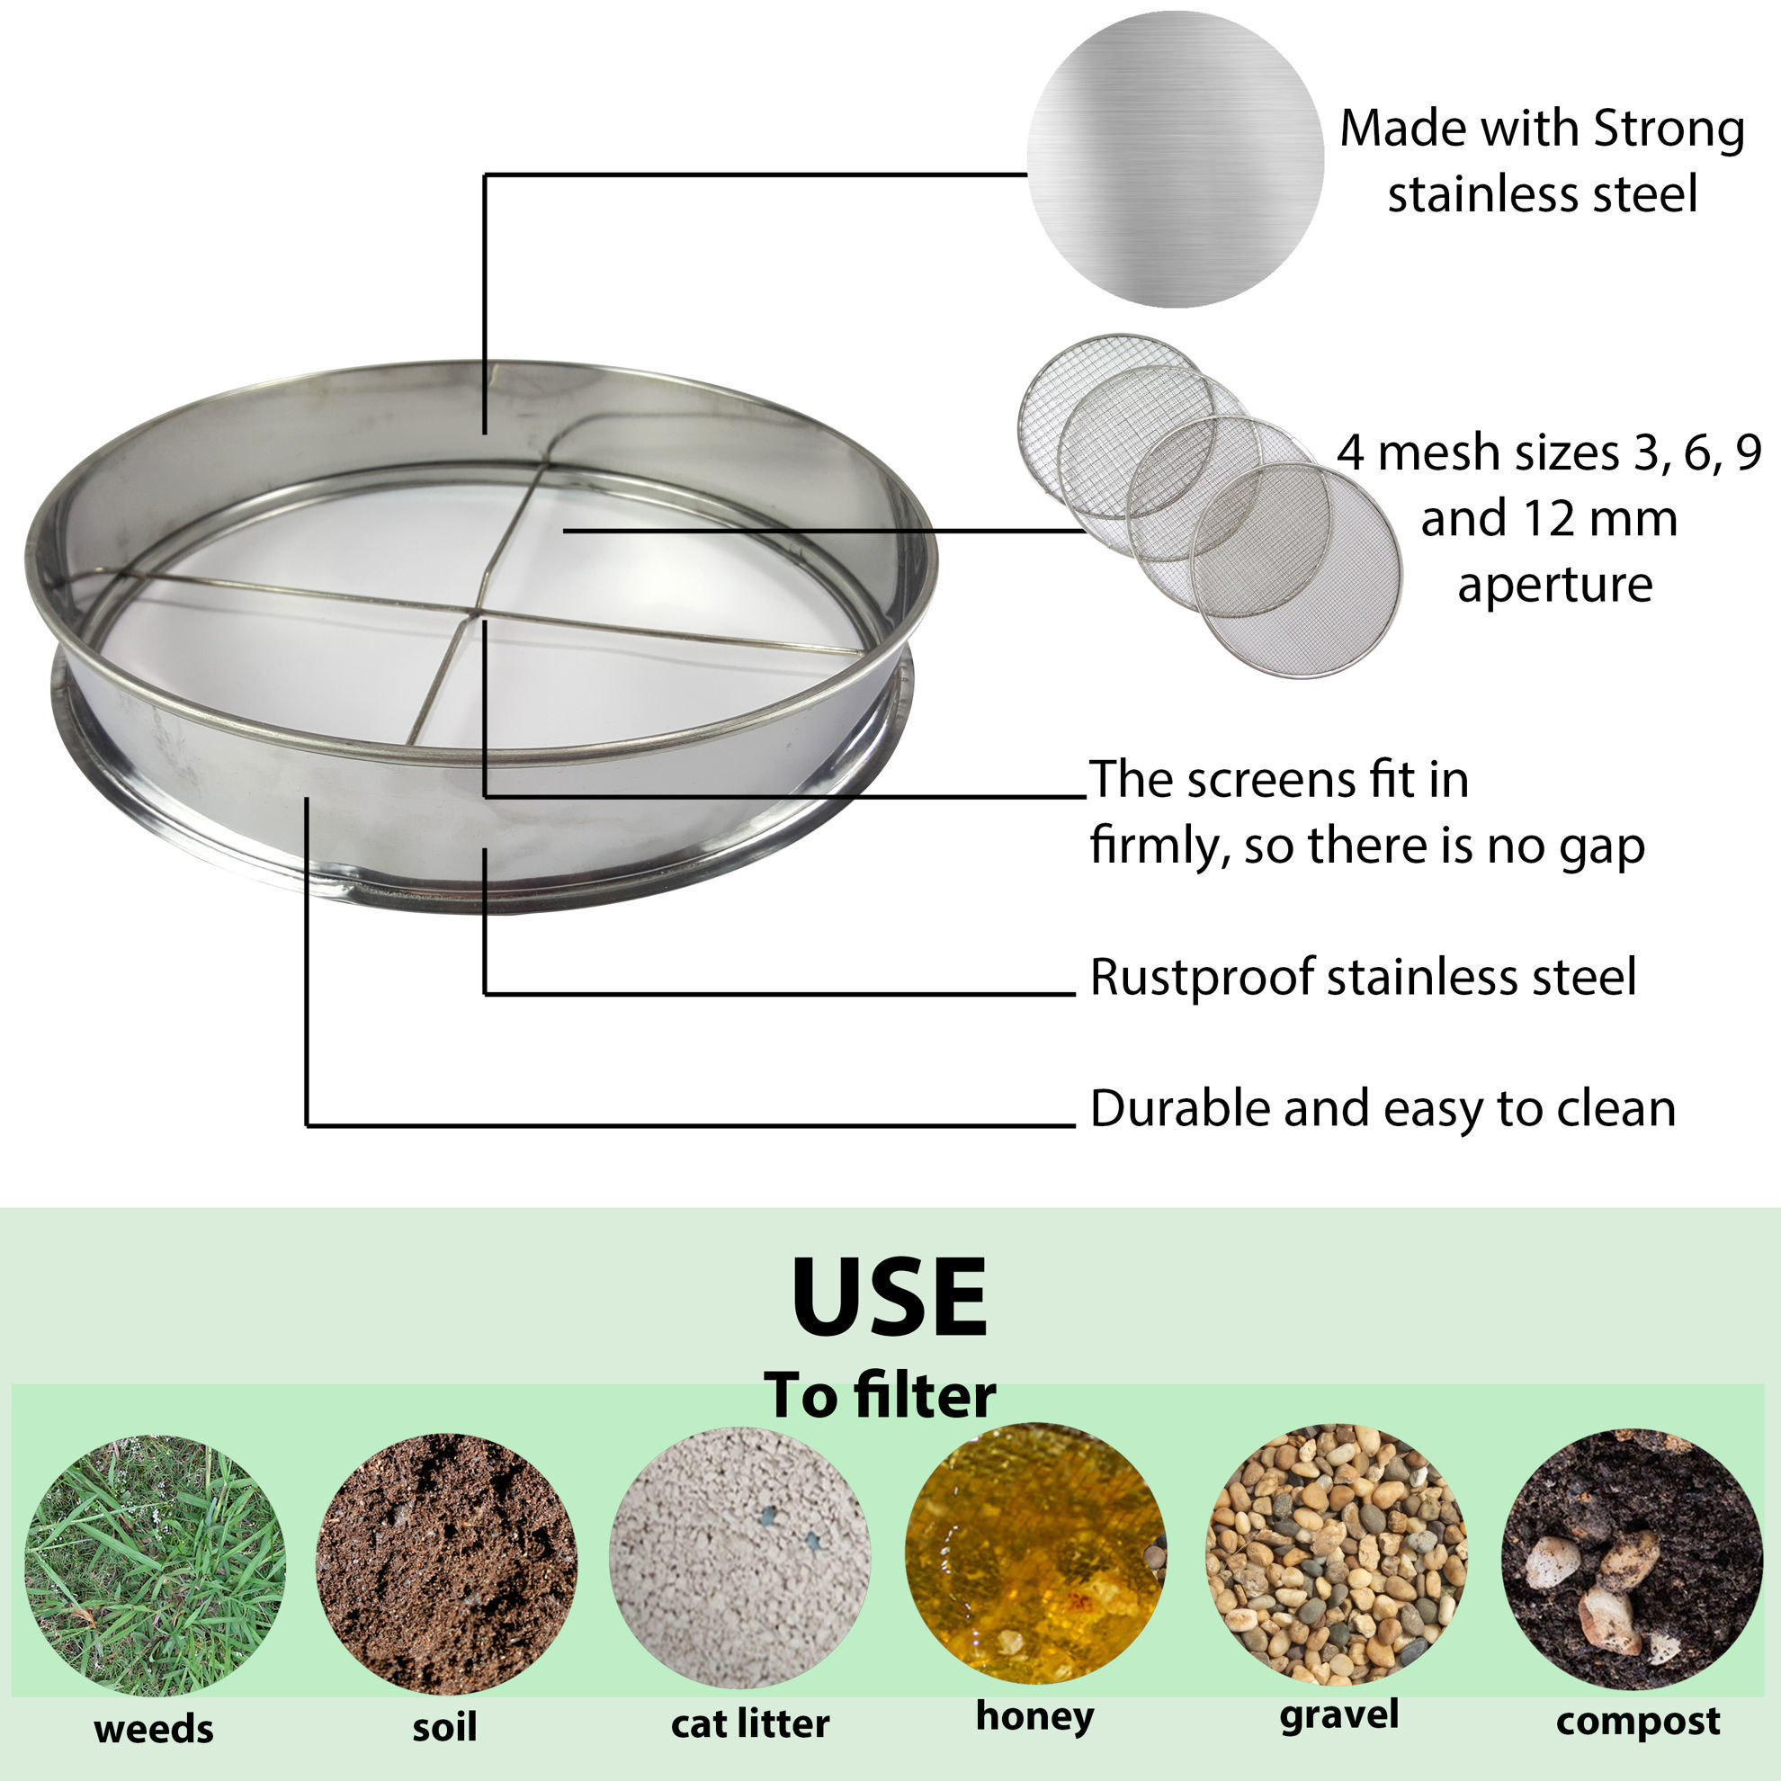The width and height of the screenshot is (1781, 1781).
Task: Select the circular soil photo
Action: pos(447,1563)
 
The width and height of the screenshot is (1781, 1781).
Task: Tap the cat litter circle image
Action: pos(740,1559)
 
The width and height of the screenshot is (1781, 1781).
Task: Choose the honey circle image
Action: pos(1036,1553)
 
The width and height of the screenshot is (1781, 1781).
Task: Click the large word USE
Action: pos(890,1298)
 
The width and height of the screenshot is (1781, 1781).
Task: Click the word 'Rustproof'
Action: pos(1201,978)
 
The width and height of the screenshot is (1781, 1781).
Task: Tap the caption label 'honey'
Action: pos(1035,1715)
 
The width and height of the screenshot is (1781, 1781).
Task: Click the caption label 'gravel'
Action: pos(1339,1714)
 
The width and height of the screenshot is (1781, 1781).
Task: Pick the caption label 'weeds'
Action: pos(154,1730)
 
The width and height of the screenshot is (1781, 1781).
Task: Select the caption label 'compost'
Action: pos(1638,1721)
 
